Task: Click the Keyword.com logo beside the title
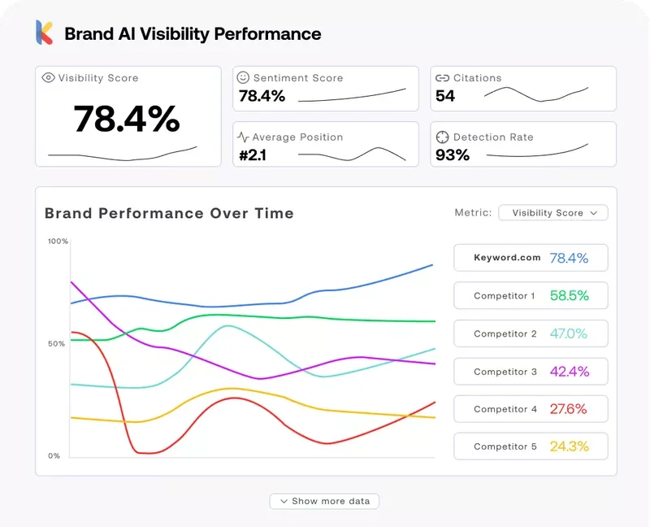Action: pyautogui.click(x=44, y=33)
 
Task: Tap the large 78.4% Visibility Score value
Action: pyautogui.click(x=127, y=119)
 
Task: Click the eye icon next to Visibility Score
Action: pyautogui.click(x=48, y=78)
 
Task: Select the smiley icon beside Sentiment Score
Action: pyautogui.click(x=243, y=78)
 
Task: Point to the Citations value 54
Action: pyautogui.click(x=445, y=96)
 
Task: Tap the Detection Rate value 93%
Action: pyautogui.click(x=453, y=155)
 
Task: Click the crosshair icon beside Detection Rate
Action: pyautogui.click(x=442, y=137)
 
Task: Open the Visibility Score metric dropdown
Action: pyautogui.click(x=553, y=212)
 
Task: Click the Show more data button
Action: pyautogui.click(x=324, y=501)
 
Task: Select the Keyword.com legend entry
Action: pyautogui.click(x=530, y=258)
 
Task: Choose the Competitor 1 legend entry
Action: pyautogui.click(x=530, y=296)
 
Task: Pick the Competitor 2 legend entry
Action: pyautogui.click(x=530, y=333)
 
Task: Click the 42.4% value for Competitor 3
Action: pyautogui.click(x=569, y=372)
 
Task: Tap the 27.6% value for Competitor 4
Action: pyautogui.click(x=568, y=409)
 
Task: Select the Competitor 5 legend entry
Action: pyautogui.click(x=530, y=446)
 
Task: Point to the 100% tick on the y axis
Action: pyautogui.click(x=58, y=242)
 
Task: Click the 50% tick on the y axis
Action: pyautogui.click(x=57, y=344)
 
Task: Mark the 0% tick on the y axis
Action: pyautogui.click(x=54, y=455)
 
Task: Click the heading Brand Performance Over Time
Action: pyautogui.click(x=169, y=213)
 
